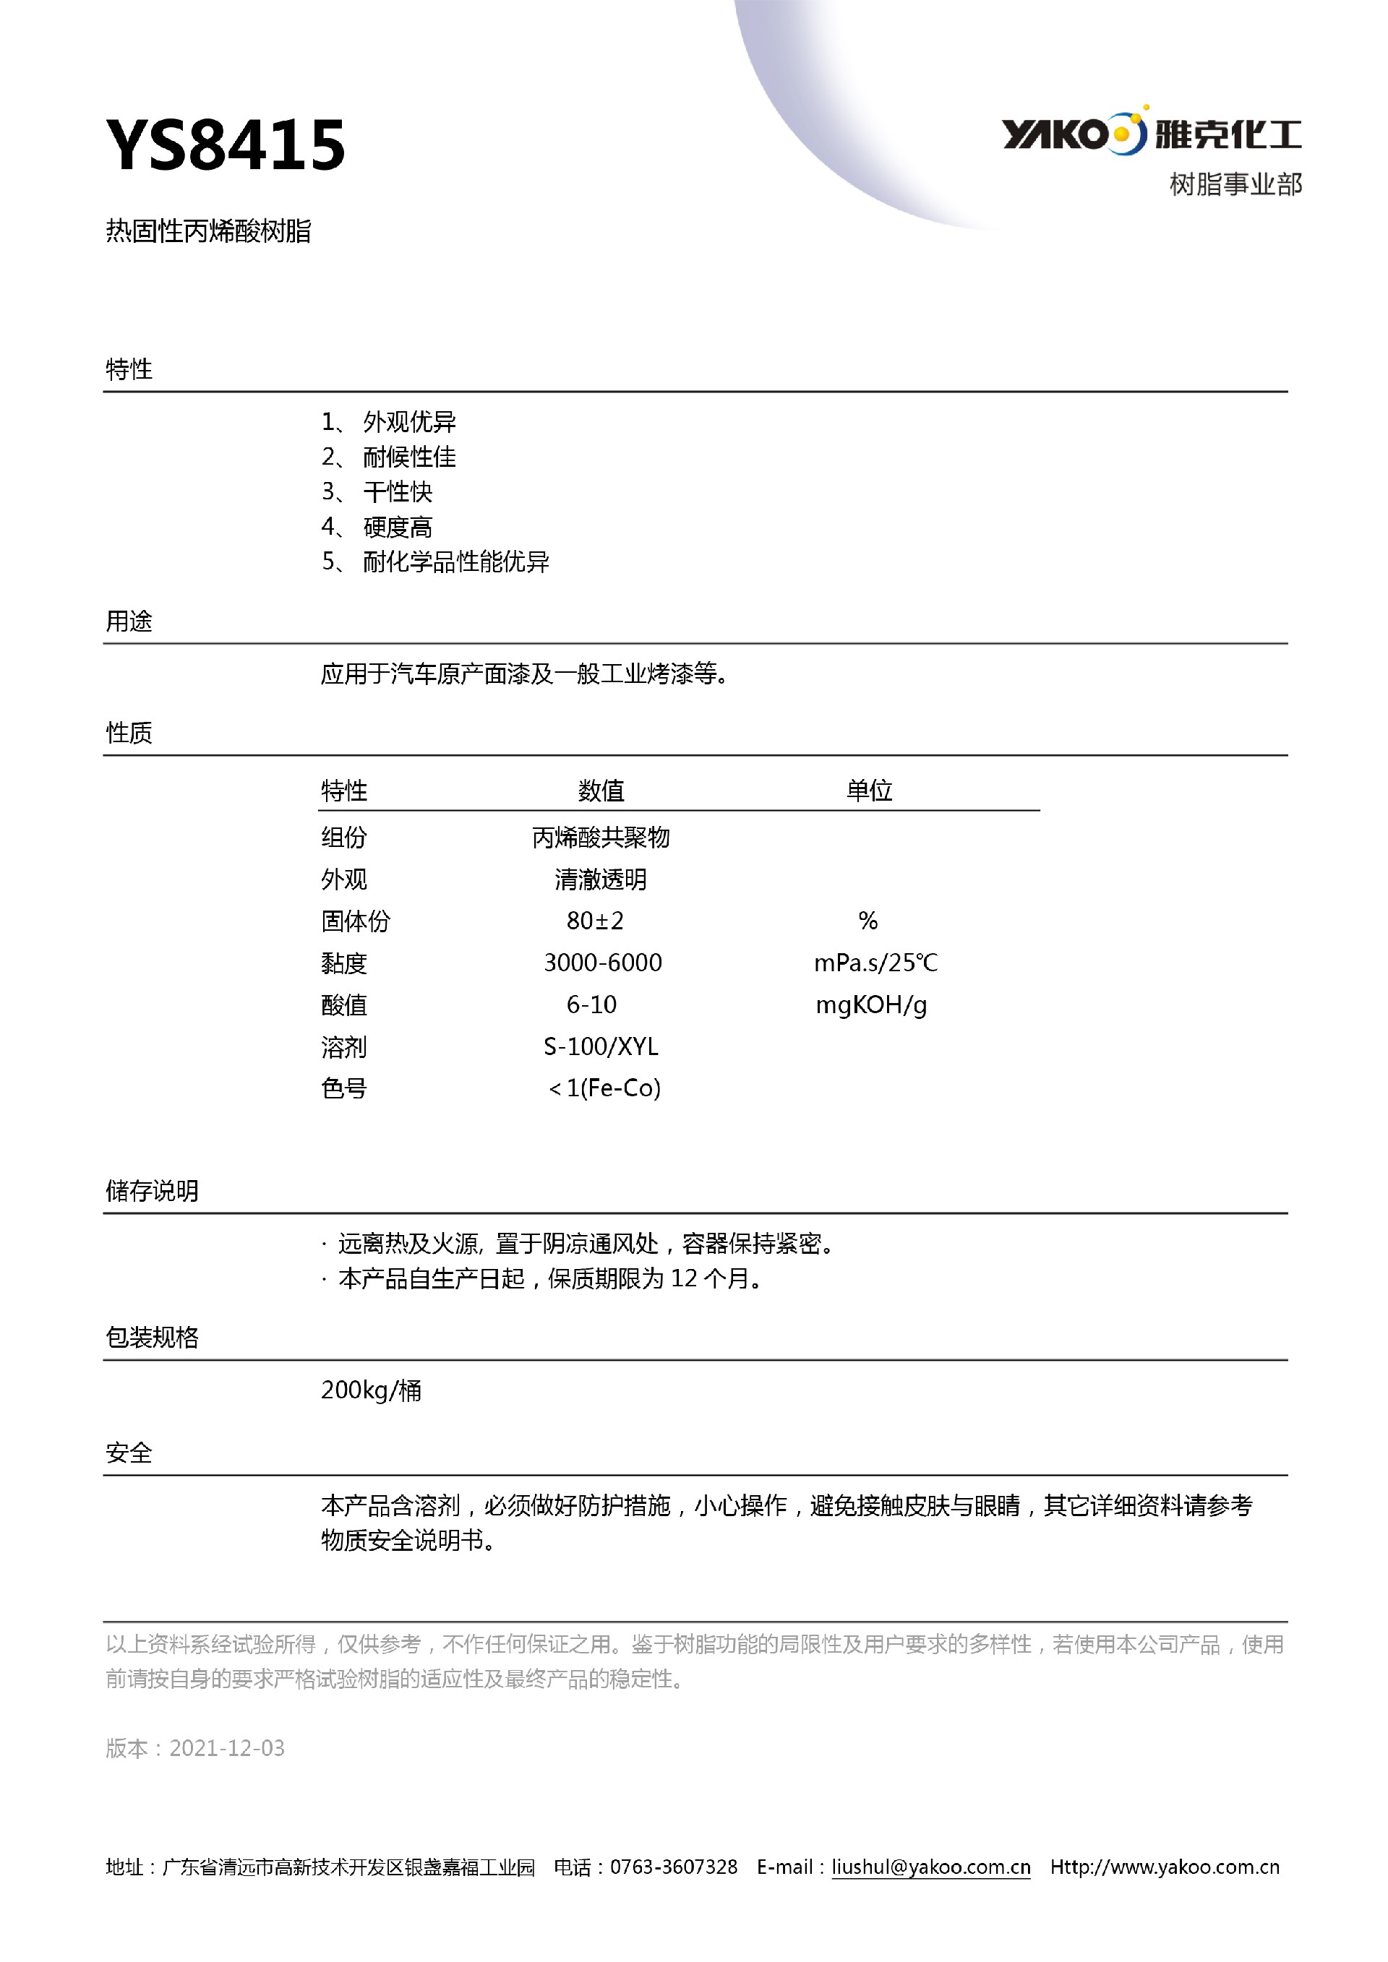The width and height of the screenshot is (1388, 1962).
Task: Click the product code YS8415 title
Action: pos(226,145)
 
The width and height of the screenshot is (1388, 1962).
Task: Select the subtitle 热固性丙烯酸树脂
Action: pos(208,231)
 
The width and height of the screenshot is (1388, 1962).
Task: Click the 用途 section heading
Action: pos(129,621)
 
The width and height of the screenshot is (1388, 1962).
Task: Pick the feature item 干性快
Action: pos(398,492)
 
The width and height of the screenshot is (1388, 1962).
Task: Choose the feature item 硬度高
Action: pos(398,528)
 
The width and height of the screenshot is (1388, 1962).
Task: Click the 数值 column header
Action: pos(601,791)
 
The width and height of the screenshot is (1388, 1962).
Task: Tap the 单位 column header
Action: pos(869,791)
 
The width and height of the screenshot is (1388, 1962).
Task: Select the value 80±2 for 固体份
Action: pos(595,921)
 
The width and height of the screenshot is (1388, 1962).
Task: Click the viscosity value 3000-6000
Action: pos(602,963)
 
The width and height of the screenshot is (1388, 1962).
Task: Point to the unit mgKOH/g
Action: pos(871,1005)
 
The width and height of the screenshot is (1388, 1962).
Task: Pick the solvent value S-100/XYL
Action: pos(601,1047)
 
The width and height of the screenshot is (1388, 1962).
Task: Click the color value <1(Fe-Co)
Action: pos(604,1088)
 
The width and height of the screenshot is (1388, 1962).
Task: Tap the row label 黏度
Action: pos(343,963)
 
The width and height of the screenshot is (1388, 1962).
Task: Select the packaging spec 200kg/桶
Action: pos(371,1390)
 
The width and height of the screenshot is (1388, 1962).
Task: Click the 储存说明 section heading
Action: pos(152,1190)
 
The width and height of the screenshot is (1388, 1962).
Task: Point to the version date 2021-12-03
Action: pos(226,1747)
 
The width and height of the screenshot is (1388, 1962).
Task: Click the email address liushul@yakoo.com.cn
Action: pos(930,1867)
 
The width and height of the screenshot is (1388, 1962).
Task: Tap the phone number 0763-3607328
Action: pos(674,1867)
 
